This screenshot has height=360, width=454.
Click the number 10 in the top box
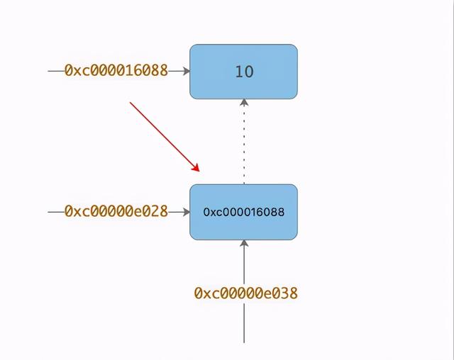click(x=244, y=72)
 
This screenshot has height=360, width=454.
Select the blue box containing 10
click(x=243, y=72)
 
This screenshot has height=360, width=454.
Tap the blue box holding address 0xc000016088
click(x=243, y=212)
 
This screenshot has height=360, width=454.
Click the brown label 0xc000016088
click(x=116, y=70)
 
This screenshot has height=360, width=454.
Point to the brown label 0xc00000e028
click(x=116, y=211)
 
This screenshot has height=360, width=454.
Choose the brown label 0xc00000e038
click(x=246, y=293)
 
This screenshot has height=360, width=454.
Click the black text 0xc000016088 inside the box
click(x=244, y=212)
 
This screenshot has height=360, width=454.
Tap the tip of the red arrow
click(x=199, y=171)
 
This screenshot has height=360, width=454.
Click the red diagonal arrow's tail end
click(x=131, y=102)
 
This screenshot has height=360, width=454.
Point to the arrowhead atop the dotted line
click(x=244, y=102)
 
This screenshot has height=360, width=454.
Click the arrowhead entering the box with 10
click(x=187, y=71)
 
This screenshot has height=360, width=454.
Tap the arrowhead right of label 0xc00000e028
click(x=187, y=212)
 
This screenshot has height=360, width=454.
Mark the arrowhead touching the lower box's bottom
click(x=244, y=243)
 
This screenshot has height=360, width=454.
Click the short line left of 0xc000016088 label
click(x=56, y=71)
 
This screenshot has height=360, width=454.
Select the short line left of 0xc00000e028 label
click(x=56, y=212)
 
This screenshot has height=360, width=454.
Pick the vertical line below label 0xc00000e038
click(x=244, y=323)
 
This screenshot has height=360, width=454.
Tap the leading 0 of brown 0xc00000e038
click(x=199, y=293)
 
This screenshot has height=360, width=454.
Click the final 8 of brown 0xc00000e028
click(x=164, y=211)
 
